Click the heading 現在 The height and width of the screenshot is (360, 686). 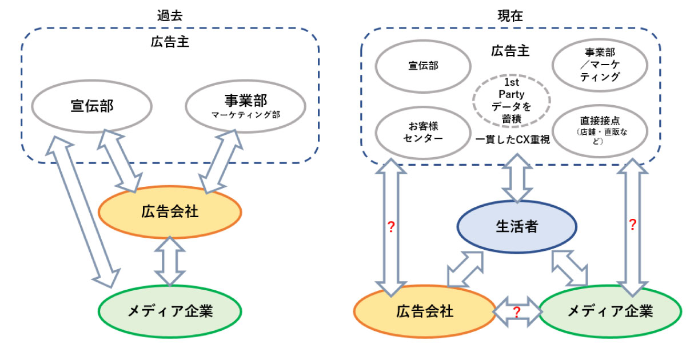(510, 15)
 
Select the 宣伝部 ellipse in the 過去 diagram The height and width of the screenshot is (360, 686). (91, 106)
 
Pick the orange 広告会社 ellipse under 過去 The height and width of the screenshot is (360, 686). (170, 212)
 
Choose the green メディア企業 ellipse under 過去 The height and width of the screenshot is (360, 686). (170, 311)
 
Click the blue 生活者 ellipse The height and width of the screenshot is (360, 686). (516, 227)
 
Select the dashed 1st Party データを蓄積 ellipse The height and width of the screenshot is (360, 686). (511, 101)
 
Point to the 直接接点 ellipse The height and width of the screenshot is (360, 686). (600, 130)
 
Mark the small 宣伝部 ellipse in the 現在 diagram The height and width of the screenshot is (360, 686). (423, 66)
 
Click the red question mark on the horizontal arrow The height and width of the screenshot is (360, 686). (516, 312)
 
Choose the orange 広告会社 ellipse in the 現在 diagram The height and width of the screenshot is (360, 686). (424, 311)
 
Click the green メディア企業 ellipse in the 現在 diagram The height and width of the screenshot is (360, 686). (609, 311)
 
